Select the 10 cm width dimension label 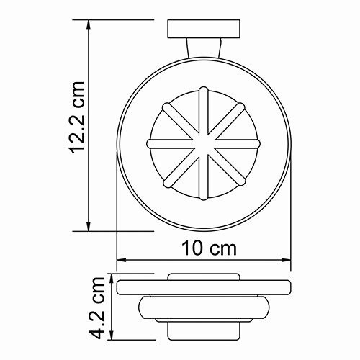(x=208, y=248)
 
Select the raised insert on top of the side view (x=204, y=276)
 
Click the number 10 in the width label (x=192, y=248)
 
